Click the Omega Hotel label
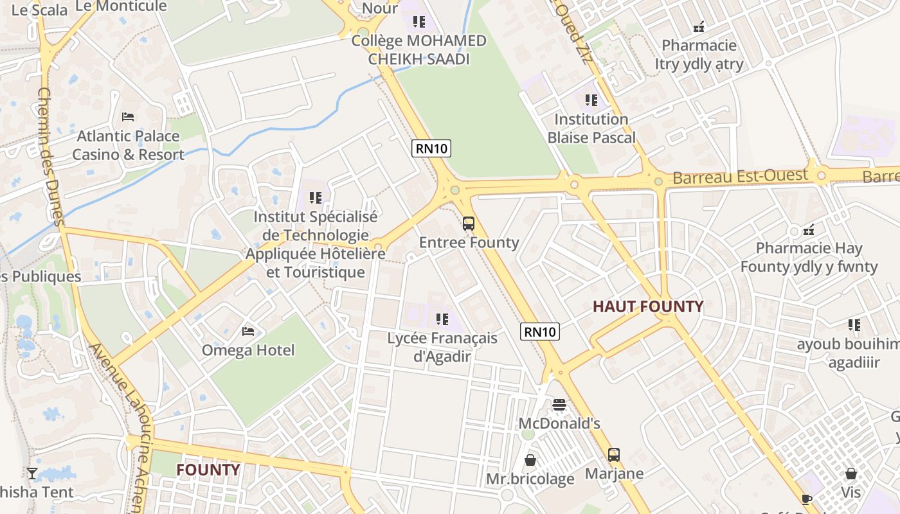point(248,350)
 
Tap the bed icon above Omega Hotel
point(248,332)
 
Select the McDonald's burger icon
point(559,405)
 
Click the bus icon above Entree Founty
point(469,224)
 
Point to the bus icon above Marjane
point(614,455)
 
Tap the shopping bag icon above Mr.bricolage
point(530,460)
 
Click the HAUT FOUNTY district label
point(648,306)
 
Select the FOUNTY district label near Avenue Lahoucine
point(208,470)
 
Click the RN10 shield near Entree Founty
point(431,148)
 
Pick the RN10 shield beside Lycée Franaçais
point(540,332)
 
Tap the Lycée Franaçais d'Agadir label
point(442,347)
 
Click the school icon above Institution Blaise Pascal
point(591,100)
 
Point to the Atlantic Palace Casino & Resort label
point(128,145)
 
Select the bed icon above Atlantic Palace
point(128,117)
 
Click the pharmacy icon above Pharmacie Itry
point(699,27)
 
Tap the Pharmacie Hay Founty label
point(809,257)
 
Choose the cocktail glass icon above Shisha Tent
point(32,474)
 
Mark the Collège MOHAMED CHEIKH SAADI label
point(419,50)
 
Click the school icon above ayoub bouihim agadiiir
point(854,325)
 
